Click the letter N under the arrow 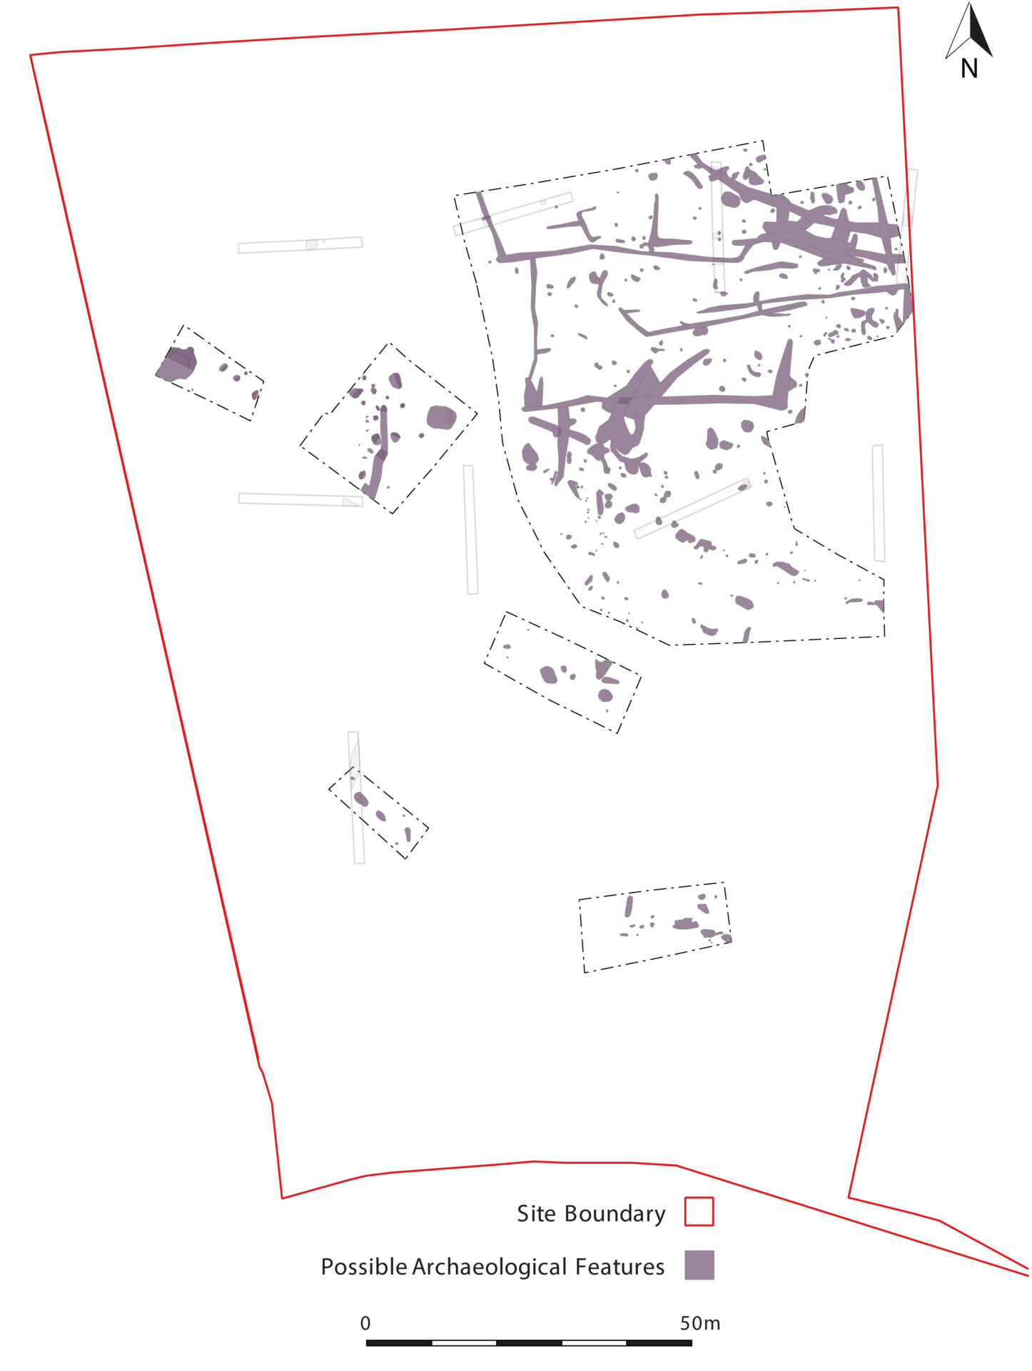point(969,69)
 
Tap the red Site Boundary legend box point(699,1212)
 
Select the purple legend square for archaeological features point(699,1265)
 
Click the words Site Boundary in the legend point(591,1213)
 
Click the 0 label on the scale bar point(365,1323)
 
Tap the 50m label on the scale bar point(700,1323)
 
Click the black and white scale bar point(529,1343)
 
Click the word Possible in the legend point(363,1267)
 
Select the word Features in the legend point(619,1267)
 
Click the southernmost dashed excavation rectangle point(654,927)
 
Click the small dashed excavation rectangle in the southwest point(378,813)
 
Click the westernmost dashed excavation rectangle point(210,373)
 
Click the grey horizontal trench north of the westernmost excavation point(300,245)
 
